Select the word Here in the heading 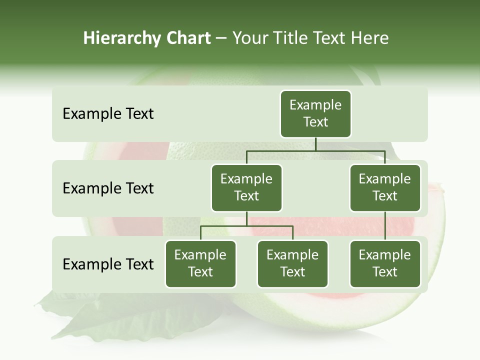point(369,38)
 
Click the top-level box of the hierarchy point(315,113)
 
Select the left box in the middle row point(246,187)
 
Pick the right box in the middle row point(385,187)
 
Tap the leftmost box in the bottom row point(200,263)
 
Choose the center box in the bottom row point(292,263)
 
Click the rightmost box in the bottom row point(385,263)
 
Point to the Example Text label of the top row point(108,114)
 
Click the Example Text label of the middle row point(108,188)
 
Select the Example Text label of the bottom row point(108,264)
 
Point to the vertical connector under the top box point(315,144)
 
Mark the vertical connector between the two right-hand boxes point(385,226)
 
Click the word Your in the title point(251,38)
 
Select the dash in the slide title point(221,38)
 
